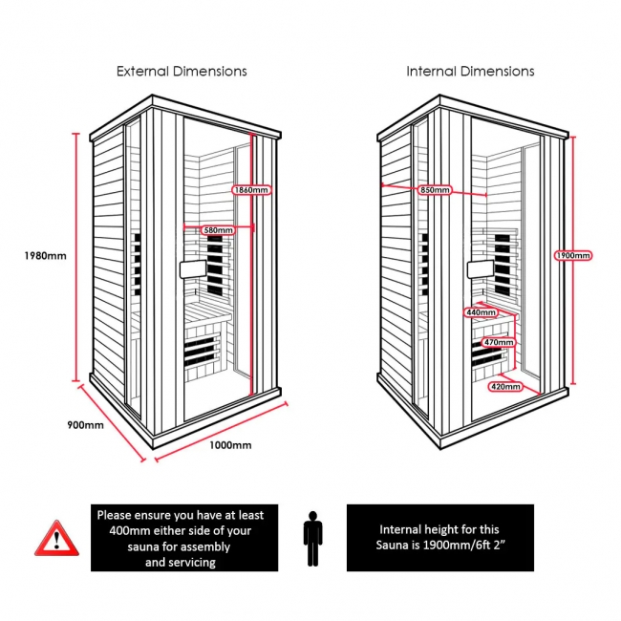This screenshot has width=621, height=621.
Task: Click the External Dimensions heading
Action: [x=182, y=71]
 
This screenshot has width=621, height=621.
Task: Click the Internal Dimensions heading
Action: [x=470, y=71]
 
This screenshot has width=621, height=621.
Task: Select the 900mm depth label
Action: [x=86, y=424]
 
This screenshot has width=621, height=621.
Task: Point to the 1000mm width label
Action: [x=229, y=445]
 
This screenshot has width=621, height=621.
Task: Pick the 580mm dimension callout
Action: [x=218, y=230]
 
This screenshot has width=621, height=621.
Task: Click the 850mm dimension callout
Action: [x=435, y=190]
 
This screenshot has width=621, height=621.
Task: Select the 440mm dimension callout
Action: [x=481, y=312]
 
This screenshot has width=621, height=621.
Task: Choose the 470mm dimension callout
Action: [x=499, y=342]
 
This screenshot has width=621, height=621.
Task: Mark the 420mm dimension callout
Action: [x=504, y=387]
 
